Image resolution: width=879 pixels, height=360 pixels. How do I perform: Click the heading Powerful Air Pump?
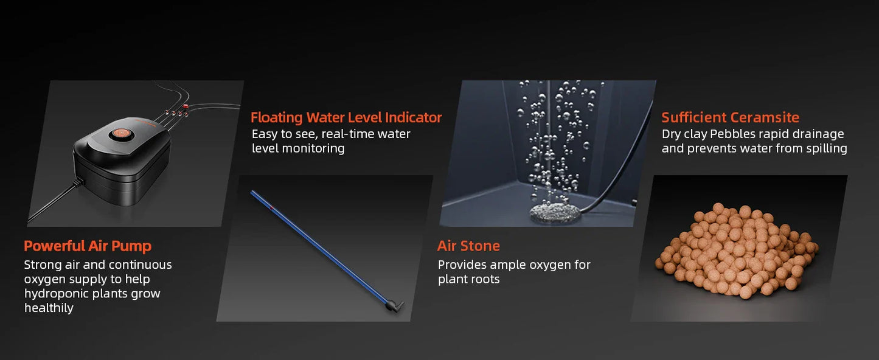pyautogui.click(x=88, y=246)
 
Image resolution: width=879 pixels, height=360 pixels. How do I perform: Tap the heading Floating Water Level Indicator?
pyautogui.click(x=346, y=117)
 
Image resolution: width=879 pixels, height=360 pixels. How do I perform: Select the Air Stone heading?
pyautogui.click(x=468, y=246)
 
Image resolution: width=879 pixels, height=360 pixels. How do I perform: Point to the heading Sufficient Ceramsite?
pyautogui.click(x=730, y=117)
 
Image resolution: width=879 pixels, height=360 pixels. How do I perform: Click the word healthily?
pyautogui.click(x=49, y=308)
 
